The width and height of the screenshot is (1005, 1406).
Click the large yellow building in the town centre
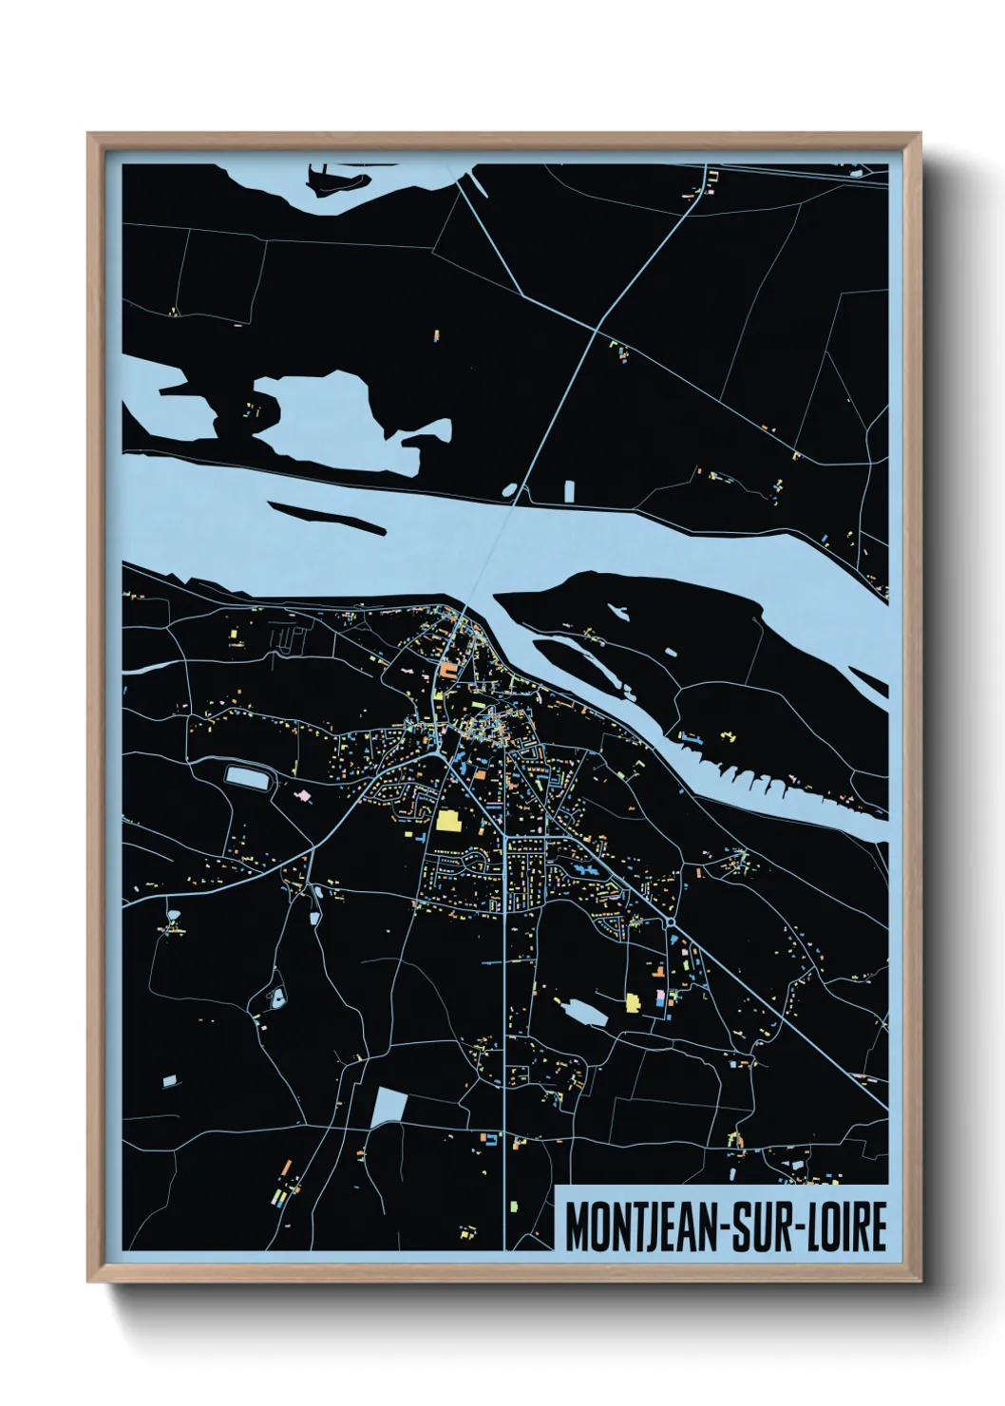[446, 821]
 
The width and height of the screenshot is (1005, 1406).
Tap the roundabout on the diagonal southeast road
[672, 921]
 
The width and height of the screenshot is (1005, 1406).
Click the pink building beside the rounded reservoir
[303, 795]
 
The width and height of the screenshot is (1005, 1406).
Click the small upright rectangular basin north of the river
[570, 491]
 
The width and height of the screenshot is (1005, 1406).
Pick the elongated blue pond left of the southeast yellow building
[585, 1012]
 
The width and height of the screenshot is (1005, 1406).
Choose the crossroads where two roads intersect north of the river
[596, 330]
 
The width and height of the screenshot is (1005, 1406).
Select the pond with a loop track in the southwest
[277, 997]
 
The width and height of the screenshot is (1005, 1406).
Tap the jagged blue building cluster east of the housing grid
[582, 869]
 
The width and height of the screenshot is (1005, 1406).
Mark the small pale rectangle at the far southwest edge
[169, 1081]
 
